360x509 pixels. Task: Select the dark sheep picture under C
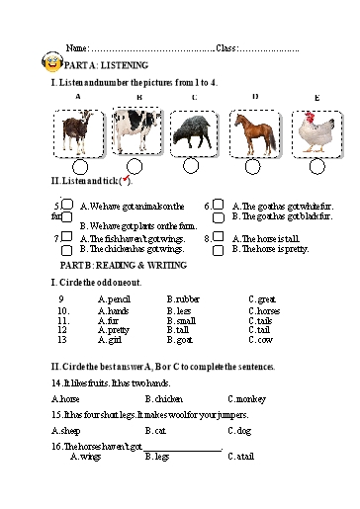191,132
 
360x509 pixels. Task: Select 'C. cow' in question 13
260,340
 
